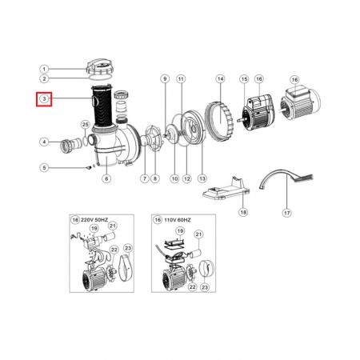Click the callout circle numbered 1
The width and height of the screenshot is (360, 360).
pos(44,70)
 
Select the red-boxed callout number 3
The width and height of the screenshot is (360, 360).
pos(44,99)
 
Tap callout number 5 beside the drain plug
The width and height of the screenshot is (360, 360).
pos(44,168)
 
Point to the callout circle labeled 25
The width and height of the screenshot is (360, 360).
pos(85,125)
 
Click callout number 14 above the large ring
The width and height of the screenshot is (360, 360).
pos(220,79)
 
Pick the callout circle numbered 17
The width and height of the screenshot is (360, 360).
pos(286,213)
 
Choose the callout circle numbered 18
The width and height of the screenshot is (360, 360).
pos(243,212)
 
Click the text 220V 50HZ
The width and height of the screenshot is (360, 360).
pos(94,220)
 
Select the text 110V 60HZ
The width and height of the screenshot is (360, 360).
pos(178,220)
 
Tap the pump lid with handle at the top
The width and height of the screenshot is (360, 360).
pos(100,67)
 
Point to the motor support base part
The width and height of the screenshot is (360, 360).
pos(226,190)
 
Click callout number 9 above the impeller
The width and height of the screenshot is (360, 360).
pos(165,79)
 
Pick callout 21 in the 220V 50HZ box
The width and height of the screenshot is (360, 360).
pos(113,226)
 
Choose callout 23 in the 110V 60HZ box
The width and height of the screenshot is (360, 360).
pos(205,287)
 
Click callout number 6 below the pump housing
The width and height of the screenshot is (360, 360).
pos(106,178)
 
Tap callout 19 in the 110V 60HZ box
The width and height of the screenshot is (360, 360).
pos(180,231)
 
